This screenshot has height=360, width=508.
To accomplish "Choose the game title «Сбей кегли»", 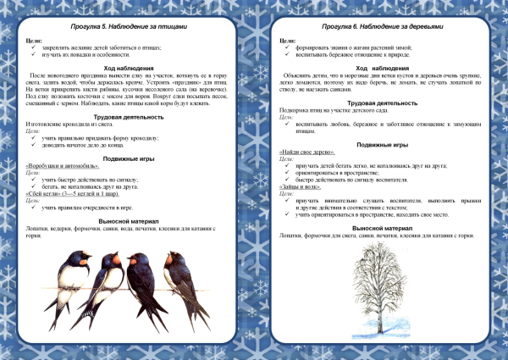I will [x=47, y=194].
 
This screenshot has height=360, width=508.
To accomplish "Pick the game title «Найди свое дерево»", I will [x=302, y=151].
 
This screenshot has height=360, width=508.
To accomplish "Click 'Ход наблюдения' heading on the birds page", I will [x=124, y=68].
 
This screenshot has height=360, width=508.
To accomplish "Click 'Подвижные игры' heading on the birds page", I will [x=124, y=158].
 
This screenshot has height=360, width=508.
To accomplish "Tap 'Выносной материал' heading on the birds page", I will [x=124, y=219].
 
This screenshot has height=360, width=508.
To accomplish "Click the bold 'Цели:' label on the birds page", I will [x=33, y=41].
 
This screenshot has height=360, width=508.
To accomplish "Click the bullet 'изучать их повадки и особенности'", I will [x=86, y=55].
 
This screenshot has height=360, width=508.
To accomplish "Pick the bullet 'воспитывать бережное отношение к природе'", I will [x=352, y=55].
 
